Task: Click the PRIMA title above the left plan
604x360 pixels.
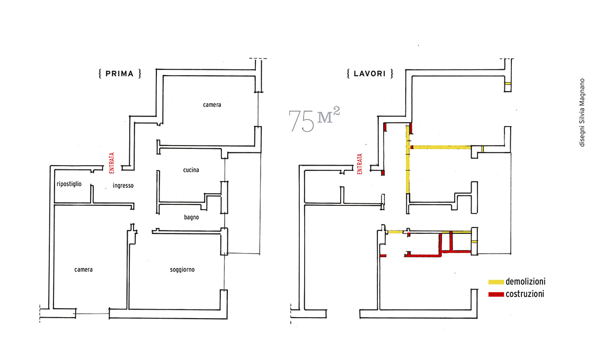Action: point(119,74)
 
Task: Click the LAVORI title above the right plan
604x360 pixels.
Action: point(370,74)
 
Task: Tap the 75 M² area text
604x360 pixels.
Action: point(314,120)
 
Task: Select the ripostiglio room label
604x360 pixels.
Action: point(69,184)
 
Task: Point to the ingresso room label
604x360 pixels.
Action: point(123,186)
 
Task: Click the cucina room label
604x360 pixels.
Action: point(191,170)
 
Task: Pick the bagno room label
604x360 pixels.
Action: point(191,218)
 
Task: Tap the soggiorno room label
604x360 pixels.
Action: point(182,269)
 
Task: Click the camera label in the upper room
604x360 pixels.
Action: point(212,105)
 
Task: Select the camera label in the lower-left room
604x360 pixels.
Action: point(84,269)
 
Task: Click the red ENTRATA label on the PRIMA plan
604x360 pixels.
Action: point(112,163)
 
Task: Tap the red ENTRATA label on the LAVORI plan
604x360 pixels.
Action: point(360,164)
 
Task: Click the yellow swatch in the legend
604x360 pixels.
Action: point(496,282)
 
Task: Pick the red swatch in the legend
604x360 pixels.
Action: point(496,294)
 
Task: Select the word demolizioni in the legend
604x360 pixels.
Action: point(526,282)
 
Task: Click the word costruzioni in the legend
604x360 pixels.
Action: point(525,294)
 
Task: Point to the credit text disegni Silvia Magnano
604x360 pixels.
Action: point(582,112)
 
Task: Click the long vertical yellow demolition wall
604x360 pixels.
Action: point(408,160)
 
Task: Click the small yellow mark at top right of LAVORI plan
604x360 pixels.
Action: point(508,84)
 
